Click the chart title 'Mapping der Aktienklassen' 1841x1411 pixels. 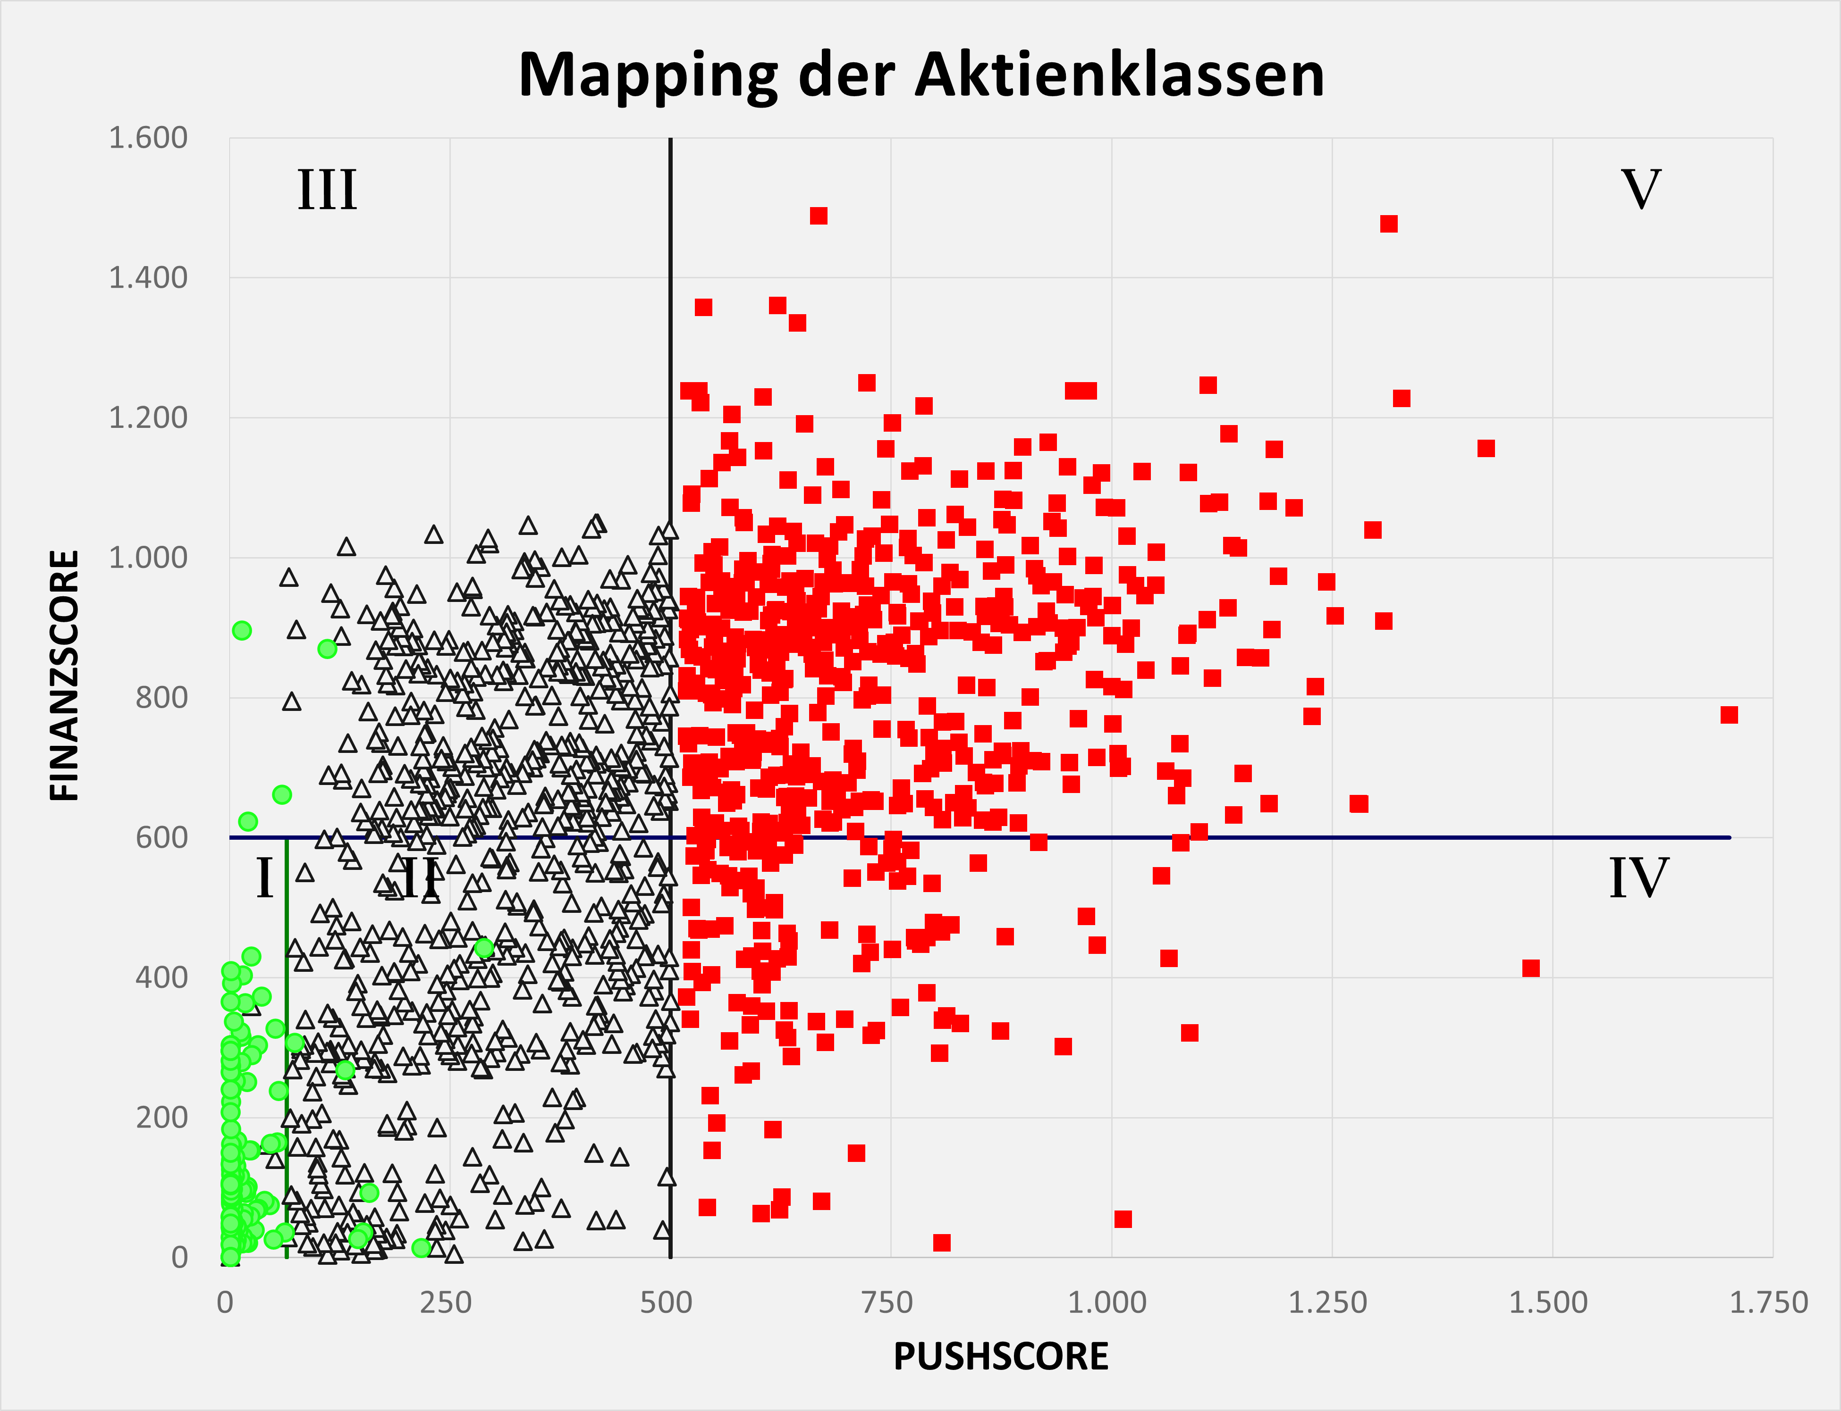click(921, 75)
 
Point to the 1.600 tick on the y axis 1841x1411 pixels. click(148, 138)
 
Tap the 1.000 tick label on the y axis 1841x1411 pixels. click(148, 557)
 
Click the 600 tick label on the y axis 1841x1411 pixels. click(161, 837)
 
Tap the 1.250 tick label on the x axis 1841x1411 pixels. click(1327, 1302)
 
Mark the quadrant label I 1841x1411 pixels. click(265, 879)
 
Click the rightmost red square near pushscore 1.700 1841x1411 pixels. click(1728, 715)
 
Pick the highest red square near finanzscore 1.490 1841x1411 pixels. click(819, 216)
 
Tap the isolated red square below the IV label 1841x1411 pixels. click(1531, 968)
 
